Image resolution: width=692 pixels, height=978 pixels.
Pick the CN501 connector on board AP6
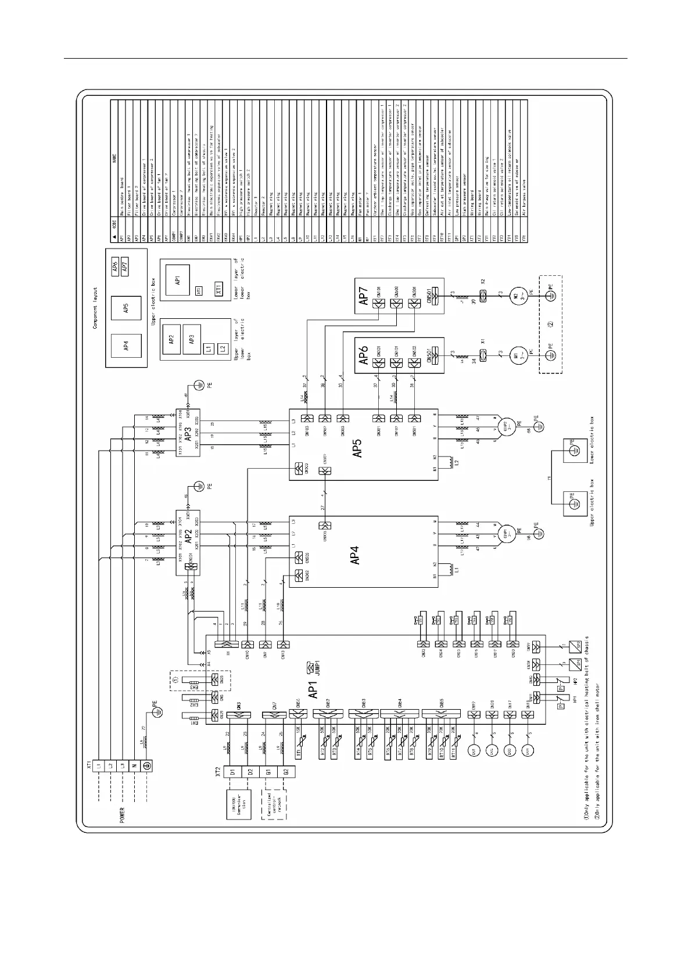tap(435, 354)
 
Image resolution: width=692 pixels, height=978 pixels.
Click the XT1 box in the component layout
tap(219, 289)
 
